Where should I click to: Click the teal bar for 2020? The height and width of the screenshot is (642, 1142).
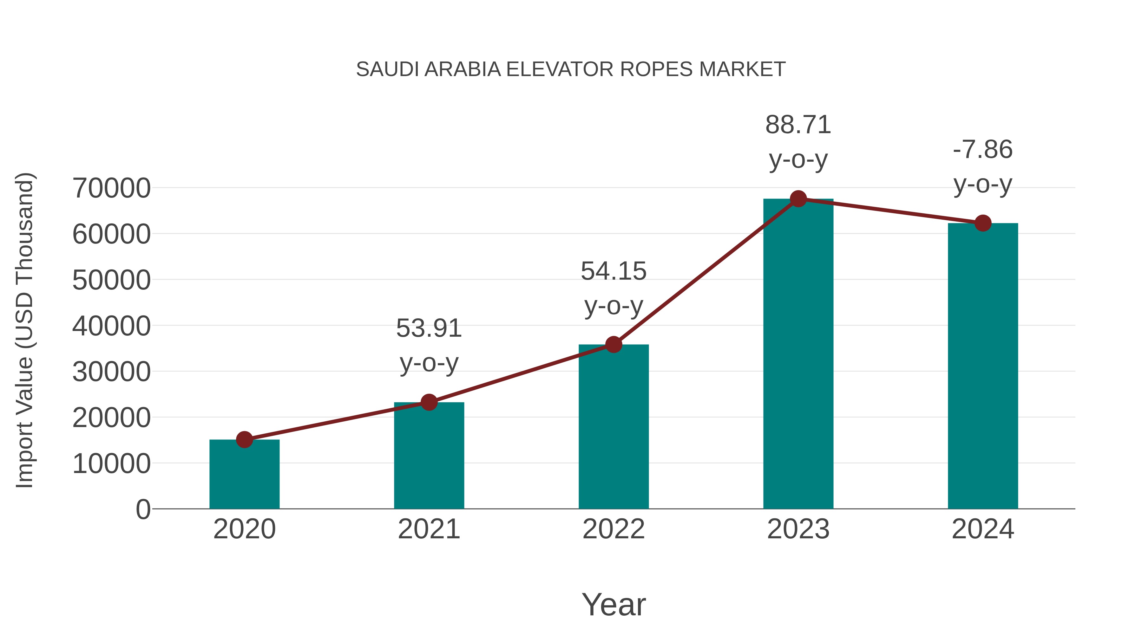point(244,476)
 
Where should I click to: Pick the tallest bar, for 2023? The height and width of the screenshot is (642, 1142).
point(798,354)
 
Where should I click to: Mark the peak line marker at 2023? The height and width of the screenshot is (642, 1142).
point(798,199)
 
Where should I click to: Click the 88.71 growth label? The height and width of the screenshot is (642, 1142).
point(798,125)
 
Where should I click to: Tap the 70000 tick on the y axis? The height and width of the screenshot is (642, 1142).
point(111,188)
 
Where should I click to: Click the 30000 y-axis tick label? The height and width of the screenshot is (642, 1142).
point(111,372)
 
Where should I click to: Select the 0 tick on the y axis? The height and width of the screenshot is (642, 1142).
point(143,509)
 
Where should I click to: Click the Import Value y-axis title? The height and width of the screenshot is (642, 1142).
point(25,330)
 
